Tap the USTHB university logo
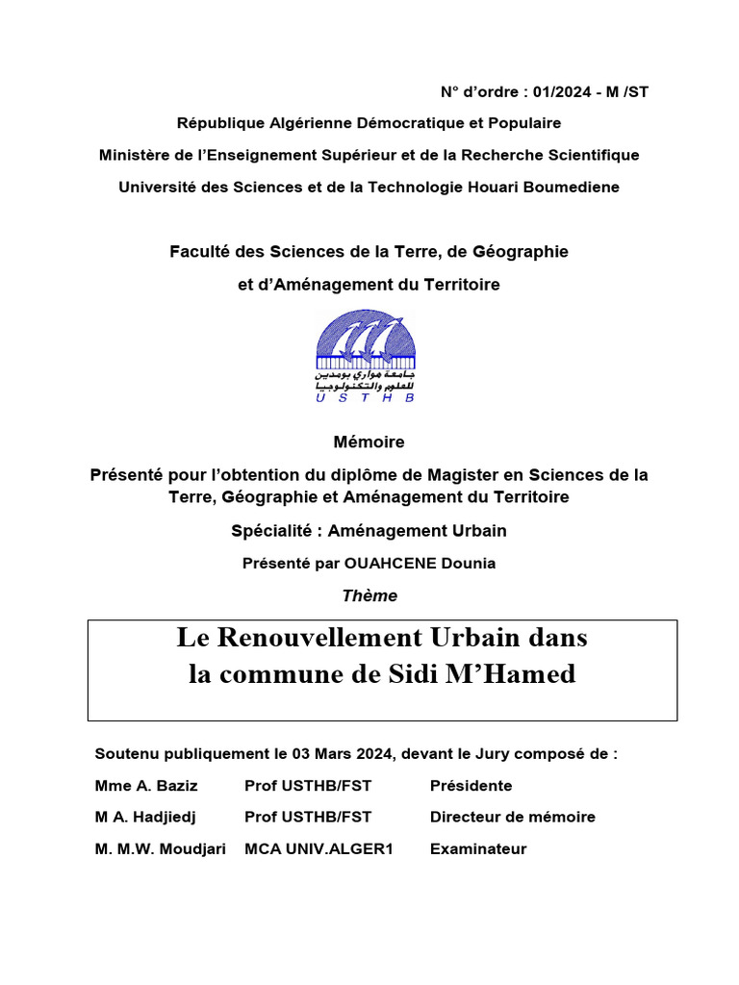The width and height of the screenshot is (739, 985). [x=367, y=356]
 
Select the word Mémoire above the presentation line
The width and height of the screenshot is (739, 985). [x=369, y=442]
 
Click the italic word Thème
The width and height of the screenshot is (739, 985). [x=369, y=595]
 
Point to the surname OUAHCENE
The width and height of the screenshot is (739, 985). [x=395, y=563]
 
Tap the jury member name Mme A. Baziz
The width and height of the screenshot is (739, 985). [x=146, y=786]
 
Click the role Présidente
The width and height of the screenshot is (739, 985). [x=471, y=786]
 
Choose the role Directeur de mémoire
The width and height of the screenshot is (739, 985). [x=512, y=817]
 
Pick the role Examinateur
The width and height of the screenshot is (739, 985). [x=478, y=848]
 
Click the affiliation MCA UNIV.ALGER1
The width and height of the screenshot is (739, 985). [x=319, y=848]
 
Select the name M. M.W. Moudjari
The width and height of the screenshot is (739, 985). [x=161, y=848]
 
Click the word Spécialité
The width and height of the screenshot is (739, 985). [x=272, y=530]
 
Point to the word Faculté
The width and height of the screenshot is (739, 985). [x=199, y=251]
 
